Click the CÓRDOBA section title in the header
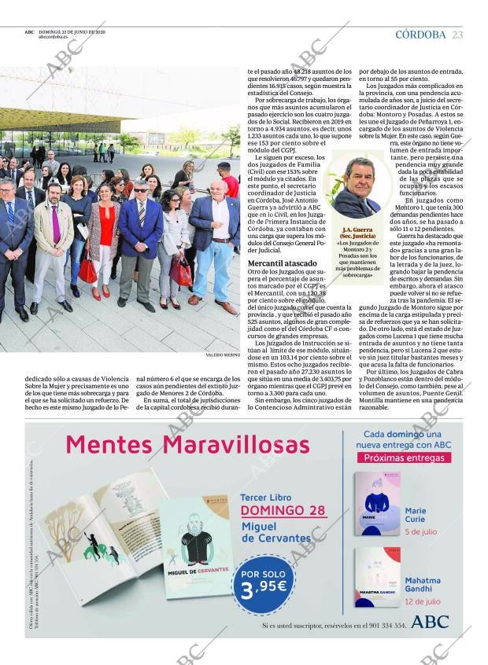pos(420,35)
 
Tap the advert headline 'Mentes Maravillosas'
pos(187,445)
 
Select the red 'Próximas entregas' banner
pos(403,458)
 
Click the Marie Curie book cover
pos(377,503)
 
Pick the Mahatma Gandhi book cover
pos(377,578)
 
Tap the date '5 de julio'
pos(421,532)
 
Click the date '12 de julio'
pos(423,601)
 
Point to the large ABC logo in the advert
pos(430,623)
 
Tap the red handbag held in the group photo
pos(87,271)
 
